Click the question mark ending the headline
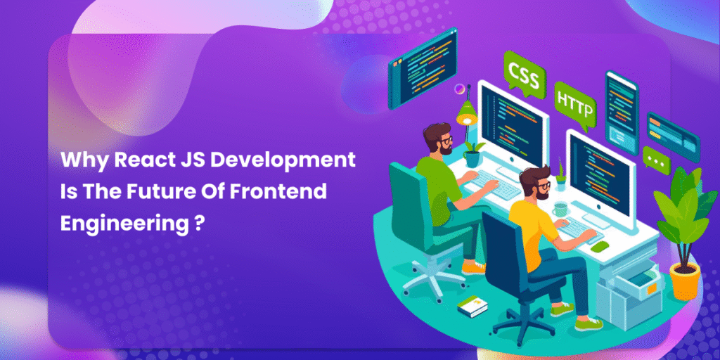(x=197, y=222)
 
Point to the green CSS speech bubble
(x=524, y=75)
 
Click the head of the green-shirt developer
(x=437, y=139)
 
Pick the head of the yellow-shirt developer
(x=535, y=183)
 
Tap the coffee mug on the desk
(x=559, y=210)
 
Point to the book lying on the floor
(x=472, y=307)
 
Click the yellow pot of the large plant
(x=685, y=281)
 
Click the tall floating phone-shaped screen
(x=622, y=113)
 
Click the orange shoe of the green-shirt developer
(x=472, y=267)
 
